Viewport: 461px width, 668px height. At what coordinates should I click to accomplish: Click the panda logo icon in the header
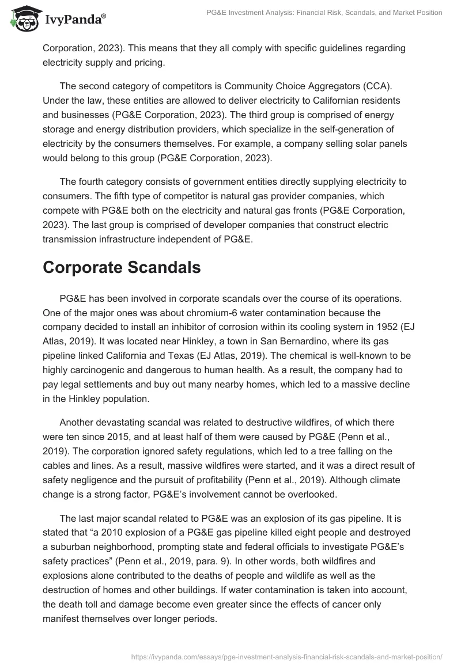click(x=24, y=18)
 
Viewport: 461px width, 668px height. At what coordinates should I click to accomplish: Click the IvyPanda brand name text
click(x=74, y=20)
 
